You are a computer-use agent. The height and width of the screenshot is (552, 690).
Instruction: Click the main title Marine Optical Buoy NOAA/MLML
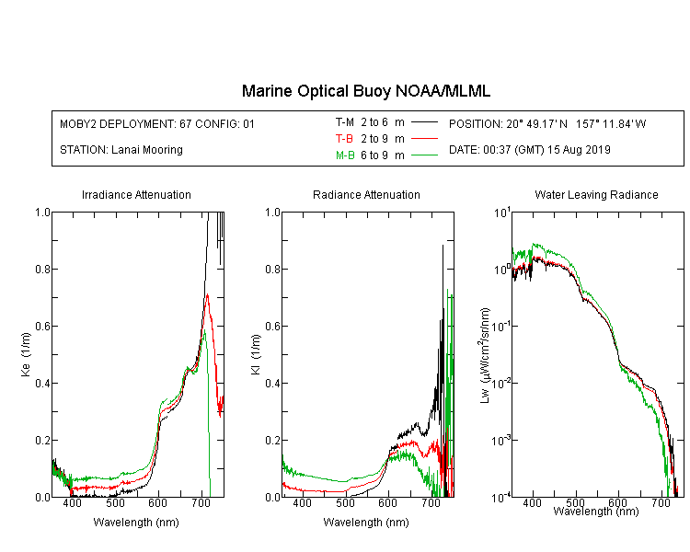tap(365, 91)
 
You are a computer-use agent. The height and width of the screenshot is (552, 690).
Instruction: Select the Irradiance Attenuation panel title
tap(136, 194)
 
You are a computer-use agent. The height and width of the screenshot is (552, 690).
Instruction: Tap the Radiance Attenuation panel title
tap(366, 194)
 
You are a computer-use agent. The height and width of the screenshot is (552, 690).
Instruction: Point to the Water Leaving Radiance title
tap(596, 194)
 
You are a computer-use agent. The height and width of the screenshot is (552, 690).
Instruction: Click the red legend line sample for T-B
tap(424, 139)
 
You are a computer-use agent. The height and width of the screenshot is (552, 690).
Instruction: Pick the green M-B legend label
tap(345, 155)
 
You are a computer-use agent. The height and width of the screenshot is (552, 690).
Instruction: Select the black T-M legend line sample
tap(424, 122)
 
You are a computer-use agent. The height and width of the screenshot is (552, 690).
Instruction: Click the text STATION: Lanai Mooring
tap(121, 150)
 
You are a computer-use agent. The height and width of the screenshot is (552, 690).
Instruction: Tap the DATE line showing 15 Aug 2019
tap(529, 150)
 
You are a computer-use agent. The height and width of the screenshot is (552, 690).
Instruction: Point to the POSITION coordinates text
tap(547, 123)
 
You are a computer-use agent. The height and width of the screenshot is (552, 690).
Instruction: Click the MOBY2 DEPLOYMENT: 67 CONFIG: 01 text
tap(157, 123)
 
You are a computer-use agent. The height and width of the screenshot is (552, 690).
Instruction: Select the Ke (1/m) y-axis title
tap(26, 354)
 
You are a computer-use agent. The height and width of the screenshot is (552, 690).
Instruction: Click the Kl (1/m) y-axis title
tap(256, 354)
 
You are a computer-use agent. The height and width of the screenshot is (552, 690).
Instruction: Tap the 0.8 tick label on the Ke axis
tap(42, 269)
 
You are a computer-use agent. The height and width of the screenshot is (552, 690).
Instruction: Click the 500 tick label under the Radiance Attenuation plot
tap(345, 502)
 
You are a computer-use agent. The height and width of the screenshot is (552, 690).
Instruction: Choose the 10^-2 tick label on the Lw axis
tap(501, 383)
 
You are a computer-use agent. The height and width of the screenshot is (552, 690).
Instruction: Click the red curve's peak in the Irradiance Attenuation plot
tap(207, 294)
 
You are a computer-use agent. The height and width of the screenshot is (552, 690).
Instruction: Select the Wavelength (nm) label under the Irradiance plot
tap(136, 523)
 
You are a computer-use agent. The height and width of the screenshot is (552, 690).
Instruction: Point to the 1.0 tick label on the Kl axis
tap(272, 213)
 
